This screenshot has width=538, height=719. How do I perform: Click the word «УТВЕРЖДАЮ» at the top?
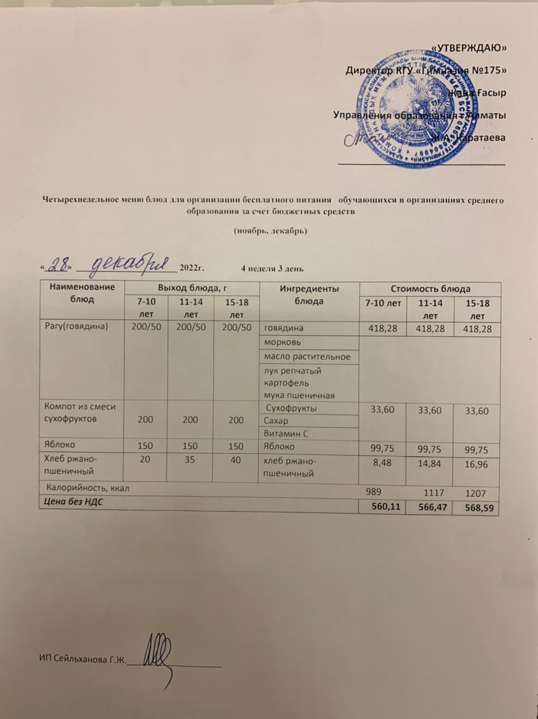(471, 47)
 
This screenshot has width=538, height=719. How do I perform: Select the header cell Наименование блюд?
(82, 293)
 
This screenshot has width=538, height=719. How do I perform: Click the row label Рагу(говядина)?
(76, 326)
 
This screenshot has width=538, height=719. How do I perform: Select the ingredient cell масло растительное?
(307, 357)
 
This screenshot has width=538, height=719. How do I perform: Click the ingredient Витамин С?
(287, 434)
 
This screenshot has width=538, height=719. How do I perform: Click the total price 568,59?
(478, 508)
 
